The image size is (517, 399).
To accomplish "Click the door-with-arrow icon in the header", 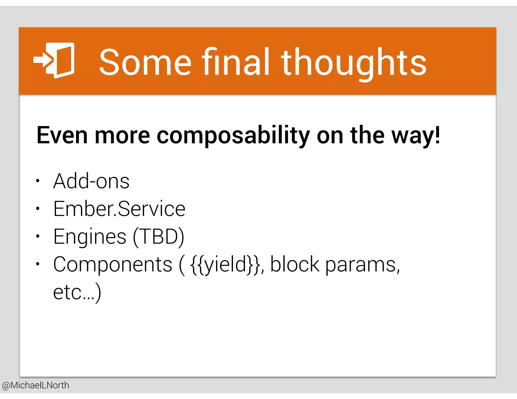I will tap(54, 61).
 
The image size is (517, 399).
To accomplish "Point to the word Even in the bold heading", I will tap(62, 135).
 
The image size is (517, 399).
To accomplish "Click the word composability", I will tap(233, 136).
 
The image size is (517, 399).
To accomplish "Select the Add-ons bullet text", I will tap(91, 181).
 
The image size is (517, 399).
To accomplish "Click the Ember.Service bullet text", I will tap(119, 209).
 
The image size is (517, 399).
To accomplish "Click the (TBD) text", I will tap(159, 237).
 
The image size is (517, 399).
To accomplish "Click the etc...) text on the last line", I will tap(77, 293).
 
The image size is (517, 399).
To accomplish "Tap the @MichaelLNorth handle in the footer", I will tap(35, 385).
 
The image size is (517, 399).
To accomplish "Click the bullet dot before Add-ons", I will tap(38, 181).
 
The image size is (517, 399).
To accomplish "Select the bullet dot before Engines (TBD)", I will tap(38, 236).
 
